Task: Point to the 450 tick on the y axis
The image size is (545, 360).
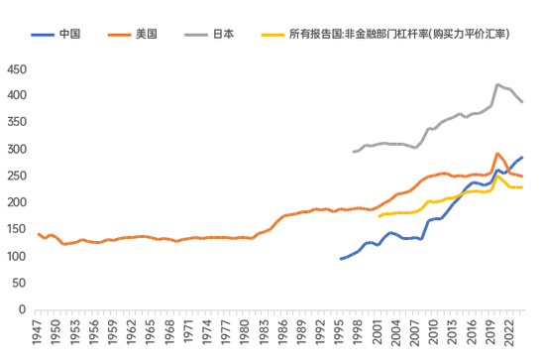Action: [17, 69]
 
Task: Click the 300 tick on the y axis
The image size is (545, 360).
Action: [17, 150]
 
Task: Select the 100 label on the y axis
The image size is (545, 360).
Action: [17, 257]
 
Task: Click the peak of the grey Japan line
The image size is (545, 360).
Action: [497, 84]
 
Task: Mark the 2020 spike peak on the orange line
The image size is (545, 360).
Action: [497, 154]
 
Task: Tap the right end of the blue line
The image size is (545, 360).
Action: [523, 158]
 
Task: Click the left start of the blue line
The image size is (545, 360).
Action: [341, 259]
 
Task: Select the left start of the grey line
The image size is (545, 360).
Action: [354, 152]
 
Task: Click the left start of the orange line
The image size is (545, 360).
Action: [38, 234]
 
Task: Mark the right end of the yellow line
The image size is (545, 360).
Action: [523, 187]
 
